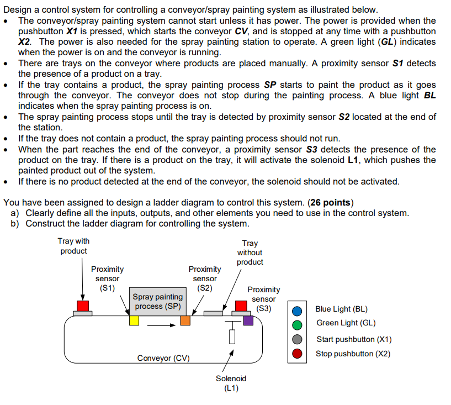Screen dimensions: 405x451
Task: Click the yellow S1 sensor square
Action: coord(134,320)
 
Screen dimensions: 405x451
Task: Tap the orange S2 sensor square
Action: coord(185,320)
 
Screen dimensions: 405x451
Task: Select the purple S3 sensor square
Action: coord(248,320)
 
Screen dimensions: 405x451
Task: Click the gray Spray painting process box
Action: coord(158,302)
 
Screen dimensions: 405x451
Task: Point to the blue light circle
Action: coord(297,310)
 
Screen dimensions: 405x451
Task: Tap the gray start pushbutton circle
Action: coord(297,339)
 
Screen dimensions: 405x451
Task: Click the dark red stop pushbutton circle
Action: coord(297,354)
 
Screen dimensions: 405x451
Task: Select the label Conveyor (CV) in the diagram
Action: coord(163,358)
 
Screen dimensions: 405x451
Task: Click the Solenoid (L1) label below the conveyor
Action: coord(231,383)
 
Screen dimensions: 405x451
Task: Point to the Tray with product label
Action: coord(73,246)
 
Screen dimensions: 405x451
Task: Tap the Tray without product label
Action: coord(250,253)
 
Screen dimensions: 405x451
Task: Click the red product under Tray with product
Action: coord(83,306)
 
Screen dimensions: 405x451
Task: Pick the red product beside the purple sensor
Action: coord(241,306)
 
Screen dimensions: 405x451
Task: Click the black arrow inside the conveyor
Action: coord(164,325)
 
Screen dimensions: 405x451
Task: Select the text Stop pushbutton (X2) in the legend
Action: coord(353,354)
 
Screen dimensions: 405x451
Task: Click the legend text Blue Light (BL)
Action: coord(341,309)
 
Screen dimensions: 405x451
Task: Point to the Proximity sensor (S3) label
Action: coord(263,299)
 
